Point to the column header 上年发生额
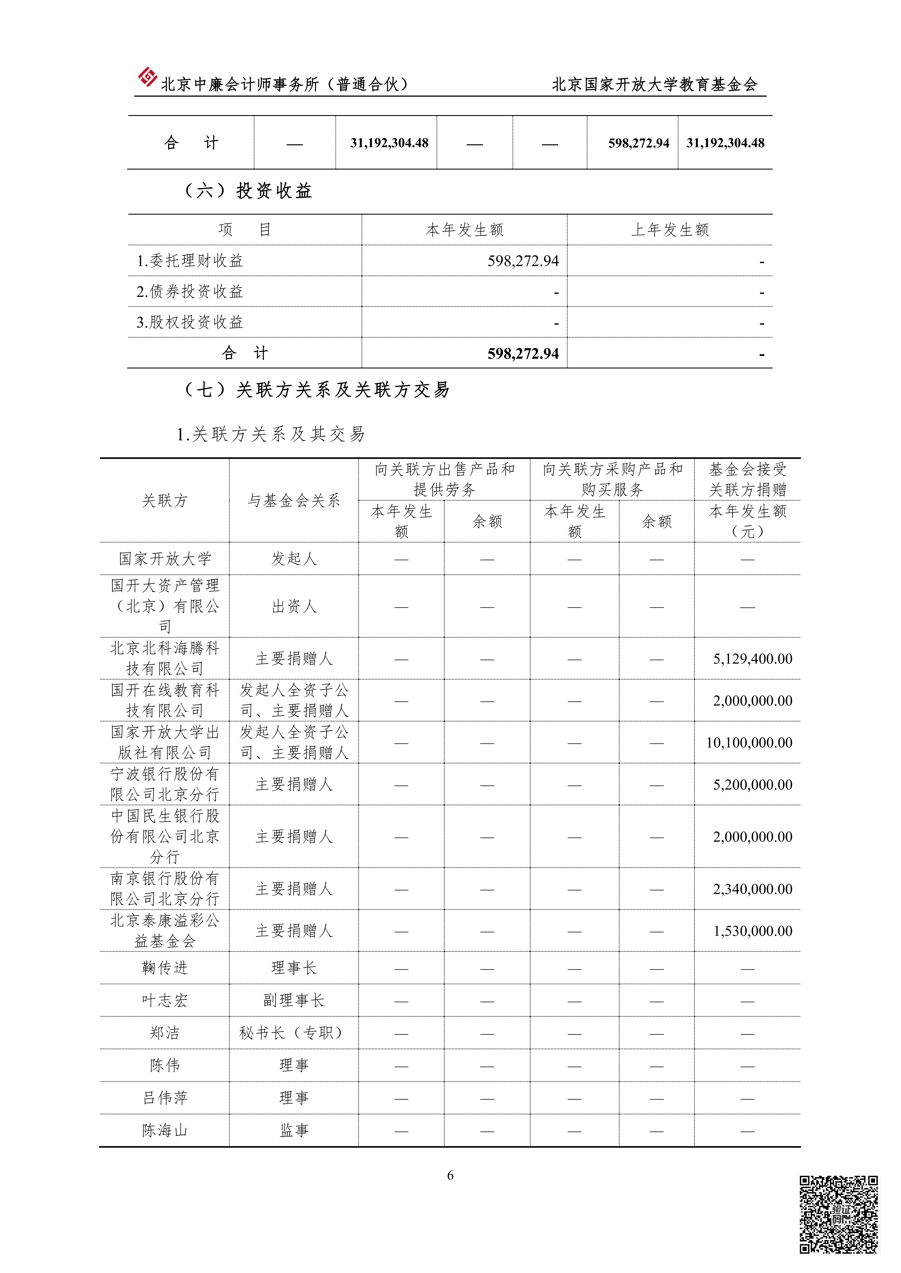670,230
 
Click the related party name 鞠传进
165,968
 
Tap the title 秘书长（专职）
293,1032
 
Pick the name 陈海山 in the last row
165,1131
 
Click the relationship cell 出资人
293,607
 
